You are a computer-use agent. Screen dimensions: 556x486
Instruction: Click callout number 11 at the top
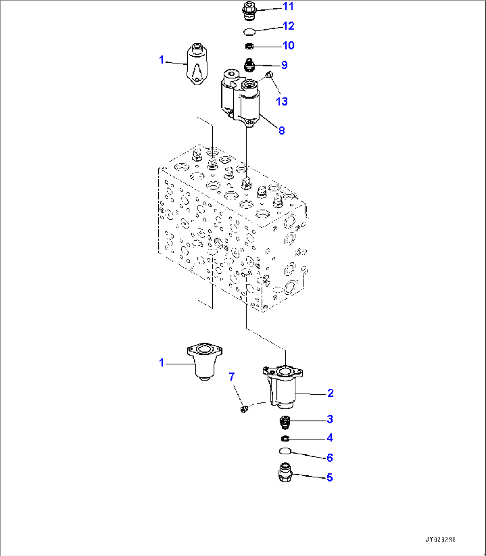[288, 7]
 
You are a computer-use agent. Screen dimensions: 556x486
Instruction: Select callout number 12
[288, 26]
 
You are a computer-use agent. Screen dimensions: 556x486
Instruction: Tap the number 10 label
[288, 45]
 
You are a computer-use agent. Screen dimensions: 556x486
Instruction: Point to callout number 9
[284, 65]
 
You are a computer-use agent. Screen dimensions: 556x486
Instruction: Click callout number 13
[282, 102]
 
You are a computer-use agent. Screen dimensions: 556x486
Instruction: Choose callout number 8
[281, 131]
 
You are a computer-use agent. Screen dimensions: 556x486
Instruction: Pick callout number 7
[231, 377]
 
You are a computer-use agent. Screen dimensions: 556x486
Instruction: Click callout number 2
[330, 393]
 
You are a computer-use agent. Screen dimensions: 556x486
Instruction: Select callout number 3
[330, 419]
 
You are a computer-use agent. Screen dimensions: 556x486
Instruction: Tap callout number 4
[330, 438]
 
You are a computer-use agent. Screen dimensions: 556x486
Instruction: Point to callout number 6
[330, 458]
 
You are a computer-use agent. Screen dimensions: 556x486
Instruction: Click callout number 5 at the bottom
[330, 478]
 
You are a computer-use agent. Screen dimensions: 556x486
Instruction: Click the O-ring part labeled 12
[250, 31]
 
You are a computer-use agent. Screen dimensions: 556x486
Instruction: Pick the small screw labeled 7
[243, 408]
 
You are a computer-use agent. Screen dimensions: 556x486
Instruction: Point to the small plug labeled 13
[269, 75]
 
